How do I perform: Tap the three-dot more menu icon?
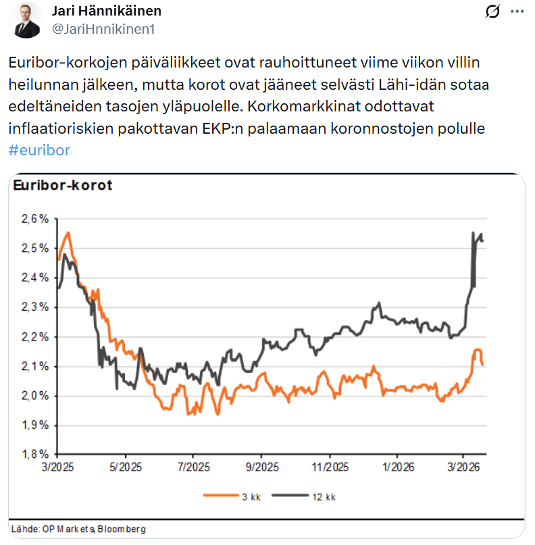(x=516, y=11)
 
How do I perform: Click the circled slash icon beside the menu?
(x=492, y=11)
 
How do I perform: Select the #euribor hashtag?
(x=39, y=150)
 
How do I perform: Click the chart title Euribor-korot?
(x=63, y=186)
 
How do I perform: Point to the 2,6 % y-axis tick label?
(x=34, y=219)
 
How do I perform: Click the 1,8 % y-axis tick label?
(x=34, y=455)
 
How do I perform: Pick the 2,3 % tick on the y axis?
(x=34, y=307)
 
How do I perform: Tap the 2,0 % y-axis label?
(x=34, y=396)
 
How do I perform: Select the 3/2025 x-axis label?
(x=58, y=467)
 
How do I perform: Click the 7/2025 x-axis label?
(x=193, y=467)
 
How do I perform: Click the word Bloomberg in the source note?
(x=122, y=528)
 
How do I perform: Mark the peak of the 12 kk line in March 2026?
(x=472, y=233)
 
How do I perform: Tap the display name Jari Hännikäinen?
(x=107, y=11)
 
